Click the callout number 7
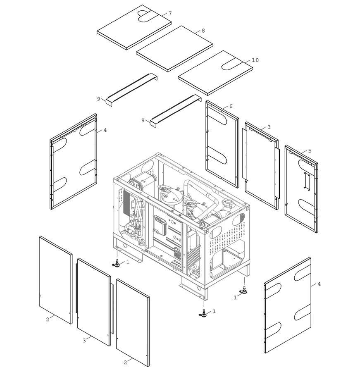(170, 13)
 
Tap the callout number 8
(203, 31)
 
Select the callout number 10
(255, 60)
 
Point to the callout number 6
(231, 106)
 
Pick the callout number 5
(310, 150)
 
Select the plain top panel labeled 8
(174, 49)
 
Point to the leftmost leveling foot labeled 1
(116, 264)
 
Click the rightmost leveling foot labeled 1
(243, 291)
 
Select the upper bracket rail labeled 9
(132, 89)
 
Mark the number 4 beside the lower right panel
(319, 284)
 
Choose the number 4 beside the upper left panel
(105, 130)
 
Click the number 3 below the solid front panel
(84, 341)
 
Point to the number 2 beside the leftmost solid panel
(48, 320)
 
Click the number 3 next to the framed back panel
(269, 127)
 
